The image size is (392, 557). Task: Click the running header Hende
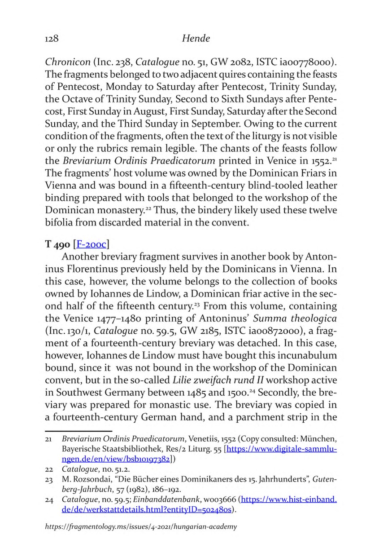tap(196, 39)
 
